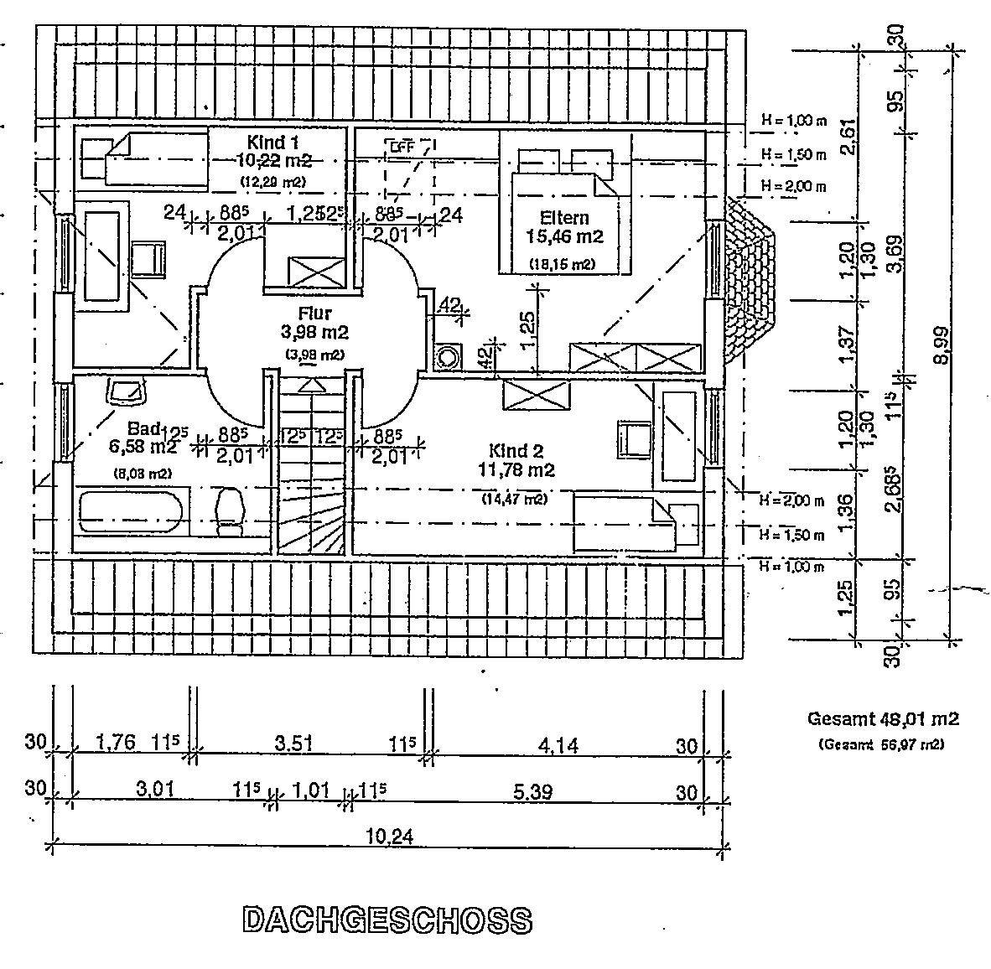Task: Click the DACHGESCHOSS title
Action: pyautogui.click(x=387, y=920)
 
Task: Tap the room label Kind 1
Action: pyautogui.click(x=272, y=141)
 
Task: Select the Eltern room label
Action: pyautogui.click(x=564, y=218)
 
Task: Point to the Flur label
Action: pyautogui.click(x=314, y=313)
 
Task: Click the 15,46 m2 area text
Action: pyautogui.click(x=564, y=237)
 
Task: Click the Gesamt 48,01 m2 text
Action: pyautogui.click(x=883, y=718)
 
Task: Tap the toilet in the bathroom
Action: pyautogui.click(x=229, y=511)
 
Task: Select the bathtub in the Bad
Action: pyautogui.click(x=130, y=512)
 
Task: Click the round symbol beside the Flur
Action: pyautogui.click(x=449, y=355)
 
